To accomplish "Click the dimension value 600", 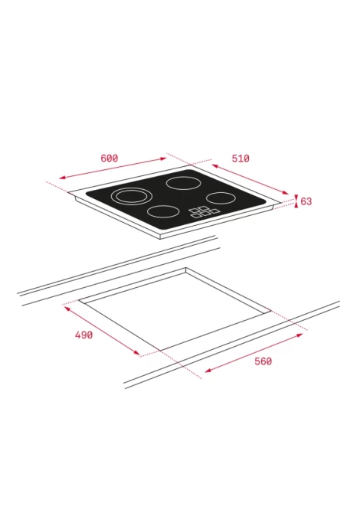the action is [x=109, y=158].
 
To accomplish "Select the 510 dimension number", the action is [x=241, y=158].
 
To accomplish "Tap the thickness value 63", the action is [x=306, y=201].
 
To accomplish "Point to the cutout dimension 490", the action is [x=83, y=335].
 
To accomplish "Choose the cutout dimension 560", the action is [x=263, y=361].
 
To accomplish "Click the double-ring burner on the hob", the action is [x=132, y=196].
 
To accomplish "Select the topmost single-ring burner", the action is [x=183, y=183].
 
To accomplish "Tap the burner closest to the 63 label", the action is [x=221, y=198].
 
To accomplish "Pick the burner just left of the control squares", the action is [x=163, y=211].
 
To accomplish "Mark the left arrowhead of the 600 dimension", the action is [x=62, y=178].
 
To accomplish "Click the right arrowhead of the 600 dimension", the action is [x=163, y=159].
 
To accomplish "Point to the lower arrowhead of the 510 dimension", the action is [x=286, y=192].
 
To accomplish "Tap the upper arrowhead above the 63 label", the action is [x=296, y=196].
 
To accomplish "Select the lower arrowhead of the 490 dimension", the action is [x=136, y=352].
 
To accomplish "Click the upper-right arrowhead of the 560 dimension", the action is [x=299, y=335].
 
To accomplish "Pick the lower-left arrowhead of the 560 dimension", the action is [x=208, y=371].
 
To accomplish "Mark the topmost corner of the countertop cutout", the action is [x=186, y=268].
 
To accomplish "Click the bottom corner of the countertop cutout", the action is [x=160, y=351].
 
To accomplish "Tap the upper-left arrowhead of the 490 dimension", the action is [x=67, y=309].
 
